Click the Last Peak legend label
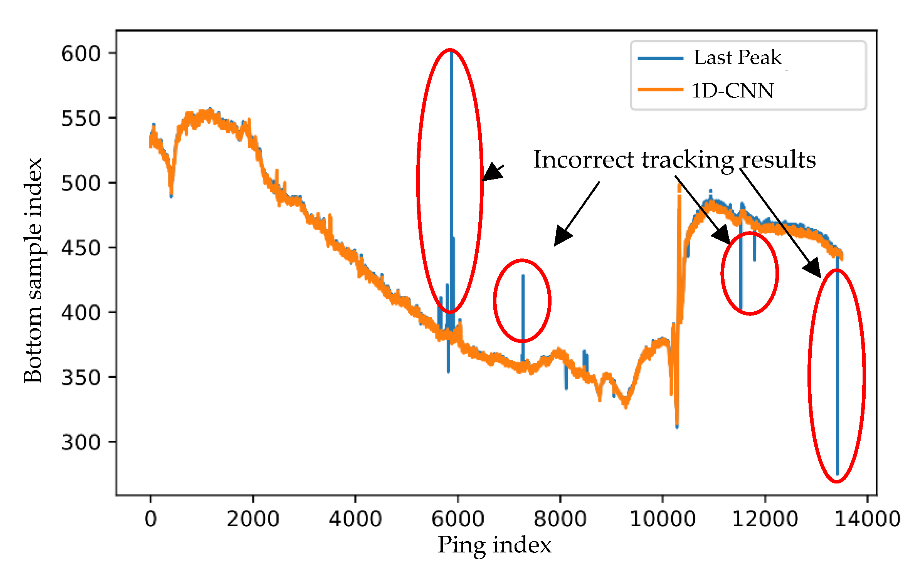point(737,58)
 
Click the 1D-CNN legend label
point(732,91)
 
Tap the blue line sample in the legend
point(660,58)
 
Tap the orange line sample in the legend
point(660,90)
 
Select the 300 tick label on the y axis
point(81,442)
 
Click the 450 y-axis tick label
point(81,248)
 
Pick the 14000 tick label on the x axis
point(867,519)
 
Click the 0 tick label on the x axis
point(151,519)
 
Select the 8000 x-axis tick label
point(560,519)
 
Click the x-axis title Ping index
point(494,545)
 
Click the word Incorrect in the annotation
point(583,159)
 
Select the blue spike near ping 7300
point(523,308)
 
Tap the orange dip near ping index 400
point(172,189)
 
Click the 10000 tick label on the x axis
point(662,519)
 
